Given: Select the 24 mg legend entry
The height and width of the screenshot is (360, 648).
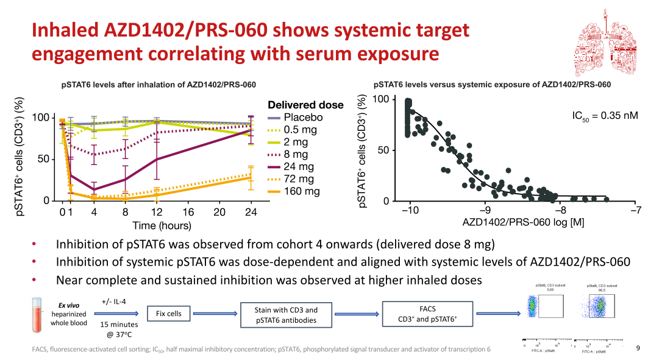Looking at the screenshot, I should [298, 167].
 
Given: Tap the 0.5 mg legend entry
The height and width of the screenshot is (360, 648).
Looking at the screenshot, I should [298, 130].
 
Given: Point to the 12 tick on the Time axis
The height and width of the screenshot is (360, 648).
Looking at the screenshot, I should [156, 212].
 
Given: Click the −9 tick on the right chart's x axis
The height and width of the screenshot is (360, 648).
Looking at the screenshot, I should [484, 210].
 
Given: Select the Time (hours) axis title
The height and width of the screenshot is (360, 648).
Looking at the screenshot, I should [162, 226].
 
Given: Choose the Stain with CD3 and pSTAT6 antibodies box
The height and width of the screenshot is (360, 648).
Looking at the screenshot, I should [286, 314].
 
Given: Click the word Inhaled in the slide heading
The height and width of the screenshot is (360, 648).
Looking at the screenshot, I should [68, 30].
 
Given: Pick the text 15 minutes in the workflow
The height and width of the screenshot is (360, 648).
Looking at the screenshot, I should [119, 325].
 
